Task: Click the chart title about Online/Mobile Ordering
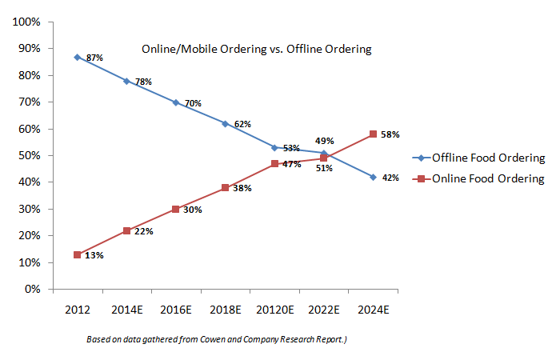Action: tap(257, 50)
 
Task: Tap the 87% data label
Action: tap(95, 58)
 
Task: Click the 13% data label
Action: tap(95, 256)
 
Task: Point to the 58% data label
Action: tap(390, 134)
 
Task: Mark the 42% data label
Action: tap(390, 178)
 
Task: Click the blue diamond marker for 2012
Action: tap(77, 57)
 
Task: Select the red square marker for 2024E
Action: tap(373, 134)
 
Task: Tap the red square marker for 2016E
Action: tap(176, 209)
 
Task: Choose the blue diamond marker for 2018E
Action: tap(226, 123)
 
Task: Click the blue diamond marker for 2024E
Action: tap(373, 177)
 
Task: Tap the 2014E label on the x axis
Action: tap(126, 308)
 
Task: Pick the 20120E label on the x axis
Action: tap(274, 308)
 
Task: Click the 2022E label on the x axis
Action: tap(323, 308)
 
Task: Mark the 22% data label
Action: tap(144, 231)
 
